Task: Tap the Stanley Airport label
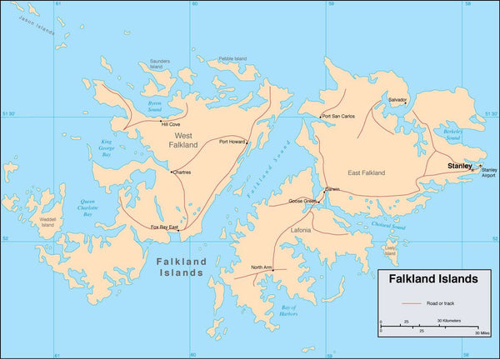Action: tap(488, 172)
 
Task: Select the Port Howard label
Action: tap(232, 142)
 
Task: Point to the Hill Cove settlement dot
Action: tap(161, 121)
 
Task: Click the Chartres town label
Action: tap(182, 172)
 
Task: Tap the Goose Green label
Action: tap(302, 201)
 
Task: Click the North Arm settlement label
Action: tap(262, 267)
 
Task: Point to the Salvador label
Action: tap(397, 99)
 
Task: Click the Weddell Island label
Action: tap(47, 222)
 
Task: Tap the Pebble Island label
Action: tap(232, 58)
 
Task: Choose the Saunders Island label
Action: tap(159, 64)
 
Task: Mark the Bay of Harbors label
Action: tap(287, 311)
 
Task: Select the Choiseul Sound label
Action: tap(388, 226)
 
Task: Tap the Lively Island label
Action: tap(390, 249)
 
